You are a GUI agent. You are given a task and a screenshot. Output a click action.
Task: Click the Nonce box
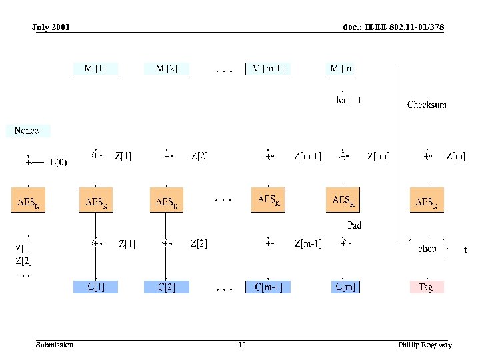[x=27, y=131]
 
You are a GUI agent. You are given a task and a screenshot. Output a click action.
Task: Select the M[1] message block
[x=95, y=68]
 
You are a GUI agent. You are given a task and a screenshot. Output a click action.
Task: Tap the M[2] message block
[x=167, y=68]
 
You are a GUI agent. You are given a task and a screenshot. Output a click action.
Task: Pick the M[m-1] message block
[x=268, y=68]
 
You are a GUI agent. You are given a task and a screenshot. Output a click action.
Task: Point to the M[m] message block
[x=343, y=68]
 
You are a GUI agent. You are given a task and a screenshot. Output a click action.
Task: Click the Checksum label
[x=427, y=105]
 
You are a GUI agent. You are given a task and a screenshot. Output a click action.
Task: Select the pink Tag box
[x=426, y=287]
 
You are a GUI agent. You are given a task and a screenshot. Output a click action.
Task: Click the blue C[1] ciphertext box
[x=95, y=287]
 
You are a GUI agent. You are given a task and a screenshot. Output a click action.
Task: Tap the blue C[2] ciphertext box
[x=167, y=287]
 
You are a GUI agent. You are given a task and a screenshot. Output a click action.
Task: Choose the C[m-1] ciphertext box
[x=268, y=287]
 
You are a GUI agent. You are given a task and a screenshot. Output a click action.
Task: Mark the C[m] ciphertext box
[x=345, y=287]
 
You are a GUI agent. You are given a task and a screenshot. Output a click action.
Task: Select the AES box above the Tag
[x=427, y=201]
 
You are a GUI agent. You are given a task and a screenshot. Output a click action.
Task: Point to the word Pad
[x=355, y=225]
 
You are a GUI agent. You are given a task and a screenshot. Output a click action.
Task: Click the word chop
[x=427, y=249]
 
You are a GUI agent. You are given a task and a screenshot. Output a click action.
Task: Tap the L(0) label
[x=59, y=161]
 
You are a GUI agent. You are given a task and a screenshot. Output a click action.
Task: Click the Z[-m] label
[x=379, y=157]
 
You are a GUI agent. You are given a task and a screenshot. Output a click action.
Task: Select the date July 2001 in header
[x=51, y=27]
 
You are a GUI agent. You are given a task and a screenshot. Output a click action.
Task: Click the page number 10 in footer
[x=241, y=345]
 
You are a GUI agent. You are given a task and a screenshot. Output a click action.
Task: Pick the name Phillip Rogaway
[x=425, y=345]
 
